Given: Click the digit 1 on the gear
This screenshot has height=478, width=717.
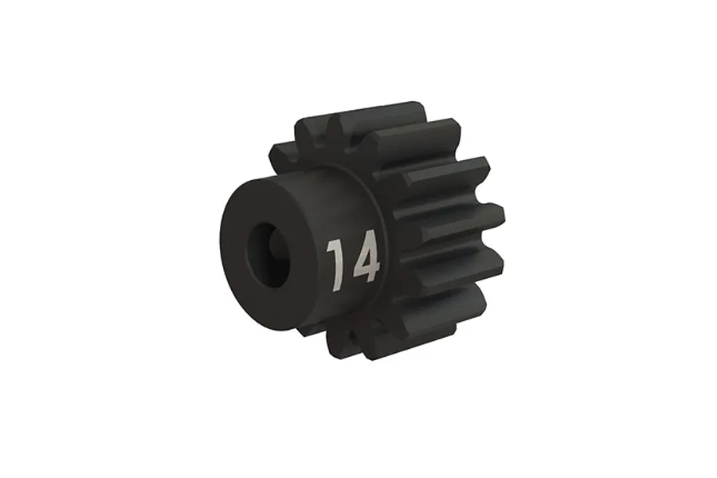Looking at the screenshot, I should pos(335,264).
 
